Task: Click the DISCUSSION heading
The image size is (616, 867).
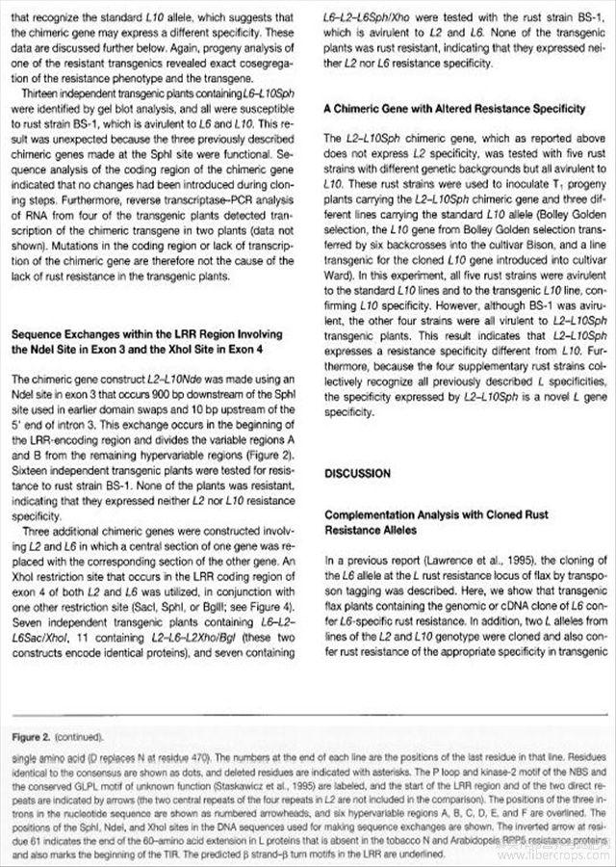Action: pyautogui.click(x=357, y=474)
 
